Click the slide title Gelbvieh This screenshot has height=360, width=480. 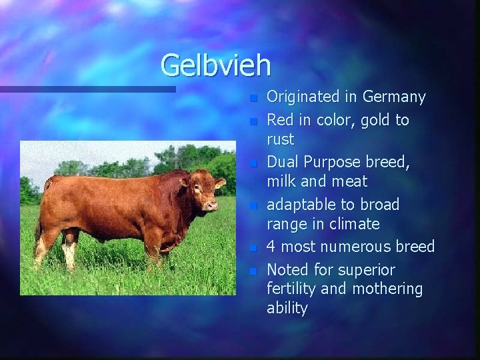[x=215, y=65]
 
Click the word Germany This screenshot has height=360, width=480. [x=394, y=97]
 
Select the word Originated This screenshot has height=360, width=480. [x=303, y=97]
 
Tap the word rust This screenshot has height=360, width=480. [x=280, y=139]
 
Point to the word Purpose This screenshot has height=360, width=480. [x=331, y=163]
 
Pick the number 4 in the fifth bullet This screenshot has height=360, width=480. [x=271, y=247]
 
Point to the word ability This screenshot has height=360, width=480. [x=287, y=308]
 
